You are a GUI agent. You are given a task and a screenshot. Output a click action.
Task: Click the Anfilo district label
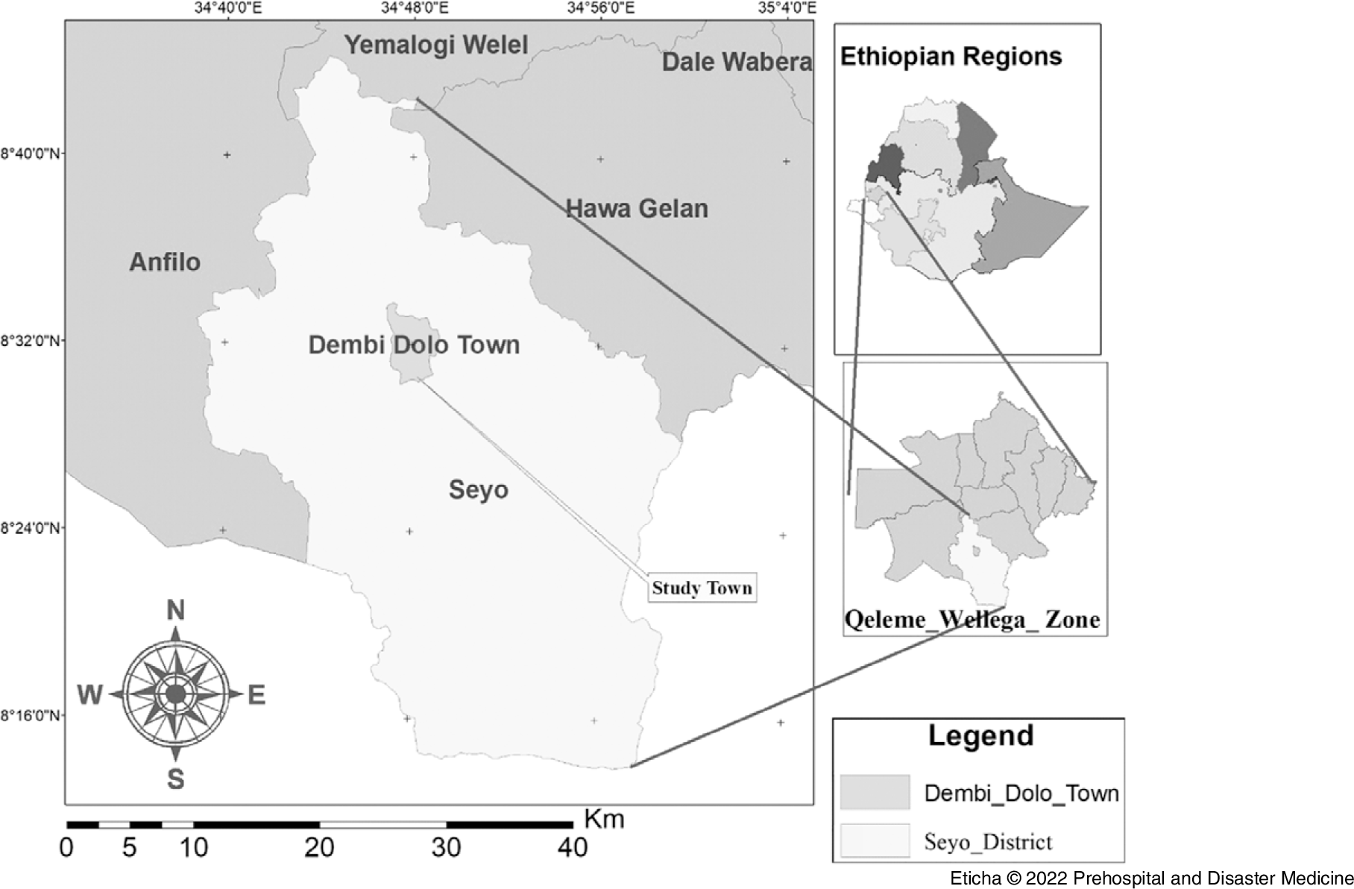[x=165, y=262]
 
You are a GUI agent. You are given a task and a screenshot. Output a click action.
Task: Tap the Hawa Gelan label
[x=637, y=208]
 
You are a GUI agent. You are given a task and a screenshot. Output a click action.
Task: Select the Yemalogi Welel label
[x=436, y=45]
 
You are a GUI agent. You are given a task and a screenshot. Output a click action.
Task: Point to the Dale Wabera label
[x=737, y=62]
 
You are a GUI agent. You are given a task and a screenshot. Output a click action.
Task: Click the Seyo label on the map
[x=479, y=489]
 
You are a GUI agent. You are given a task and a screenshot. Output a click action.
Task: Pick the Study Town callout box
[x=702, y=588]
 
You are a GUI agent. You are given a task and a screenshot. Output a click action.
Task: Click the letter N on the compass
[x=175, y=611]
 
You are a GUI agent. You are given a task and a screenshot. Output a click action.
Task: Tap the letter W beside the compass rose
[x=90, y=695]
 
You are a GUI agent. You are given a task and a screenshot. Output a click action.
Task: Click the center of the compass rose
[x=175, y=694]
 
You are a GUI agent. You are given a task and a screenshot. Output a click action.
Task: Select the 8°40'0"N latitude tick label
[x=31, y=154]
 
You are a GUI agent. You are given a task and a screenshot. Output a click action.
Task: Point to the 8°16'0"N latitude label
[x=31, y=715]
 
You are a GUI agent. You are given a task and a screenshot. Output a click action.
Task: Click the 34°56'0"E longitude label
[x=602, y=8]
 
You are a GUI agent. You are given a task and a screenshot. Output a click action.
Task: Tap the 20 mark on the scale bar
[x=320, y=848]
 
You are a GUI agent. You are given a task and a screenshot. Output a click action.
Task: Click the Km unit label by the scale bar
[x=604, y=819]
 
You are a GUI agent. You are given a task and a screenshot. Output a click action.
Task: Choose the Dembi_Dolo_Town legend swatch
[x=875, y=792]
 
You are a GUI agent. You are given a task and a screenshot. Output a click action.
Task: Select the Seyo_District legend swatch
[x=875, y=841]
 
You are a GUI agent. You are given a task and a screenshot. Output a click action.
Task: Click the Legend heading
[x=980, y=735]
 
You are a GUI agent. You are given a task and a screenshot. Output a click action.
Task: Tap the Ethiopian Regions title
[x=951, y=57]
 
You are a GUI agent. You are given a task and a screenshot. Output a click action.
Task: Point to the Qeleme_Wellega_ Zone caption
[x=972, y=620]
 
